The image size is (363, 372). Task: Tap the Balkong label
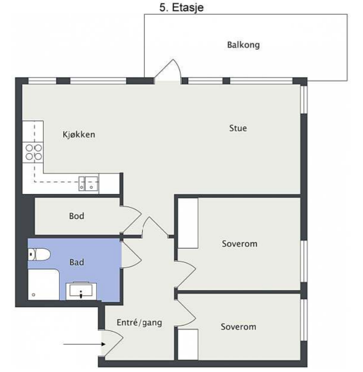243,45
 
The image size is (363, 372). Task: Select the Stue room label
238,128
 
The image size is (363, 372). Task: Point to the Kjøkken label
79,134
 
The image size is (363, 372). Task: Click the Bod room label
77,216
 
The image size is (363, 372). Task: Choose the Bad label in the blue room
77,262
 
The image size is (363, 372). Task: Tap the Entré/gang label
139,323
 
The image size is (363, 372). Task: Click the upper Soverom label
239,244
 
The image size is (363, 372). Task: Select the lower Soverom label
238,327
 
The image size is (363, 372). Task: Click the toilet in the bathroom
39,255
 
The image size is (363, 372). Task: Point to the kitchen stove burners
33,152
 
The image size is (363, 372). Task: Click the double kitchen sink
88,184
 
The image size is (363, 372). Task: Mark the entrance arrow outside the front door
81,344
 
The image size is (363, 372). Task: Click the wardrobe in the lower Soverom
188,345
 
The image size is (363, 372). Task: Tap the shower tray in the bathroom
43,286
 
